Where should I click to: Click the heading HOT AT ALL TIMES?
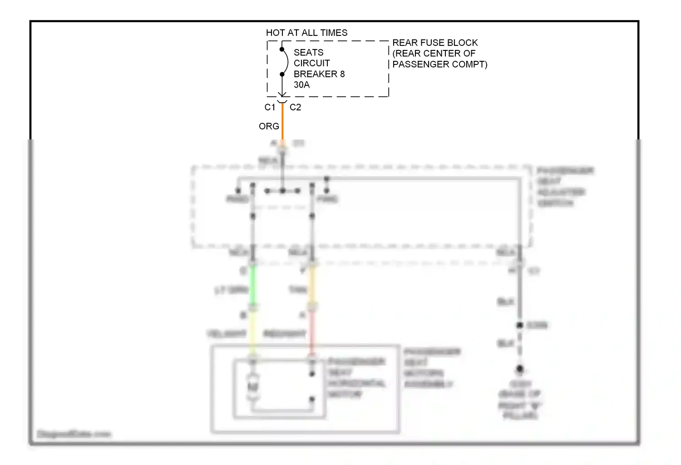pos(306,33)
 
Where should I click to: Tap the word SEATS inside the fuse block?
pos(308,52)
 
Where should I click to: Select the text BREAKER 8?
pos(319,74)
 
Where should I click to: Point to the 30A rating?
pos(301,85)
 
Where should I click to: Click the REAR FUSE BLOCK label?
pos(434,43)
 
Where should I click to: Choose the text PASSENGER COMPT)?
pos(439,64)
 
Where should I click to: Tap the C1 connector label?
pos(270,107)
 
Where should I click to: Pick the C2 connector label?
pos(295,107)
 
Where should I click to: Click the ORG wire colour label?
pos(269,126)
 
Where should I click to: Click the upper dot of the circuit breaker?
pos(282,49)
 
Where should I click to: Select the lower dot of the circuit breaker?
pos(282,74)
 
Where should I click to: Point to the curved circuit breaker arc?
pos(286,62)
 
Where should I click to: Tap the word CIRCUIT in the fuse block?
pos(311,63)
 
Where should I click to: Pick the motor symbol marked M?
pos(253,386)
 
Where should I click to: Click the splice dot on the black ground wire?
pos(520,325)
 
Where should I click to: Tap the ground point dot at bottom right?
pos(520,369)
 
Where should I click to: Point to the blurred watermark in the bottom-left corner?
pos(74,434)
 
